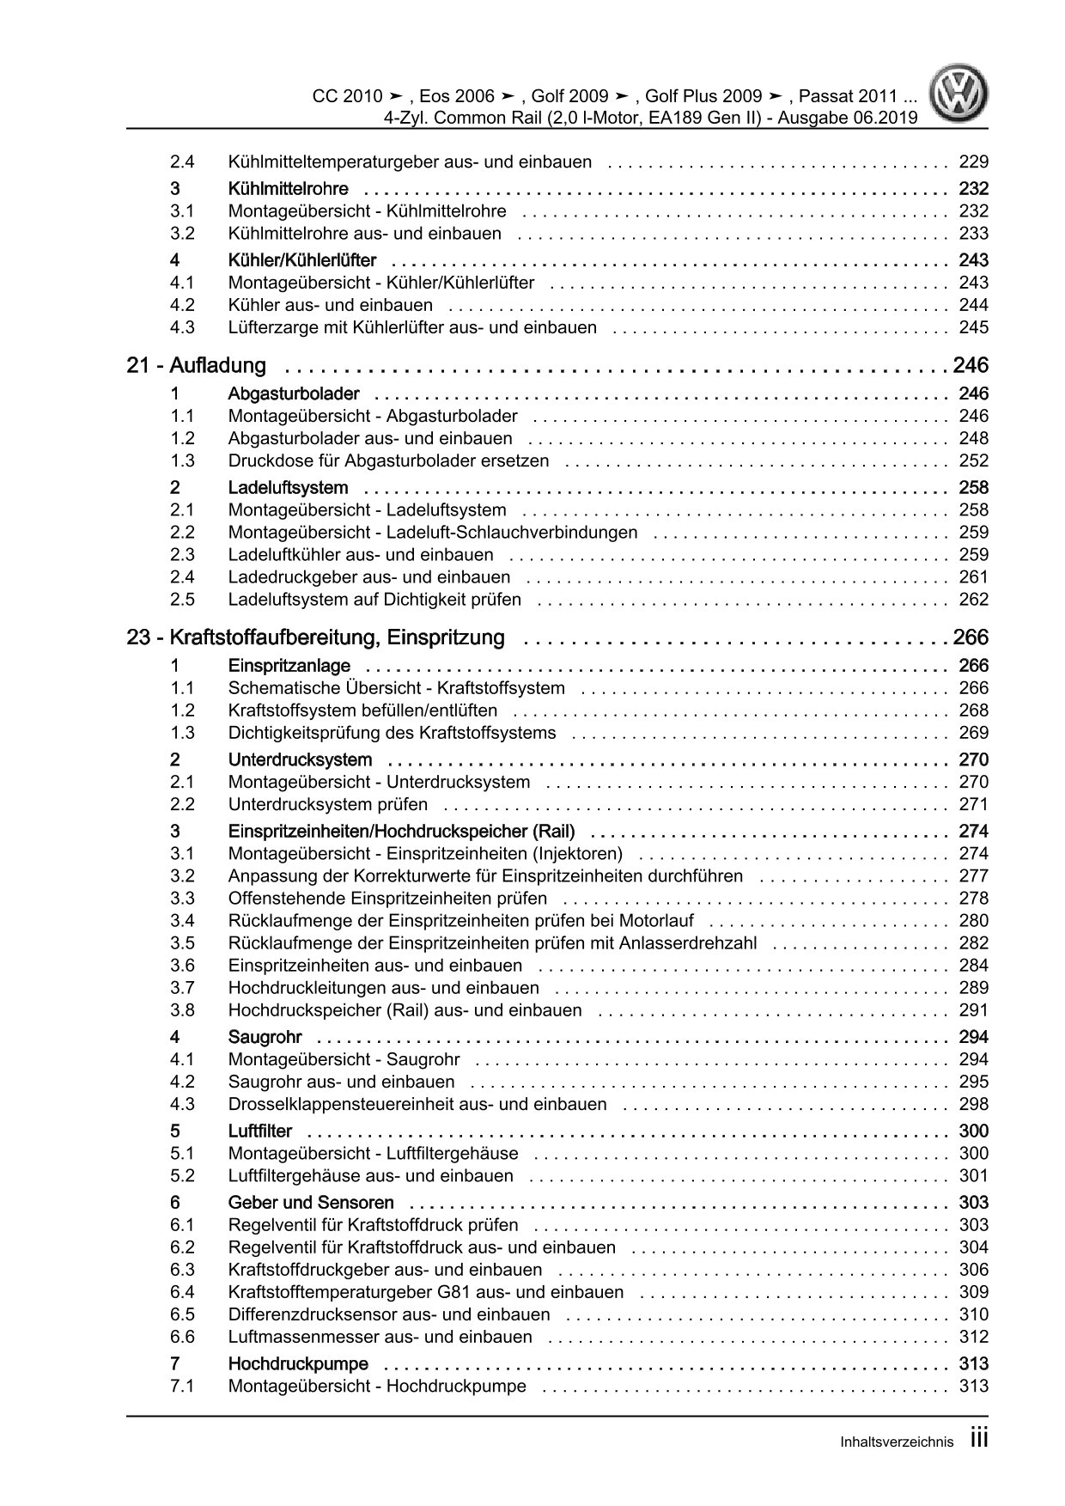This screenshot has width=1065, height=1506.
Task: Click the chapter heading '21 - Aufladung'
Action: point(197,366)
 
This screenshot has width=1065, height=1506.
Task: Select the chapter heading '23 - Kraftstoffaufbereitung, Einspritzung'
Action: point(316,638)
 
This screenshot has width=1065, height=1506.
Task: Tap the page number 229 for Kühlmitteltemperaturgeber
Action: point(974,162)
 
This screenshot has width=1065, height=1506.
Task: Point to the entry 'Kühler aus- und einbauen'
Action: point(331,305)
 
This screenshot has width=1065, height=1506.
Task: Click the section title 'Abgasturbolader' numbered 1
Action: point(294,394)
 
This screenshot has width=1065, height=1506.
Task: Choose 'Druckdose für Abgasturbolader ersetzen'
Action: point(388,460)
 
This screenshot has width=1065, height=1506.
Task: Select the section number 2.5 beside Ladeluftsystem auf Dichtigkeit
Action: point(182,600)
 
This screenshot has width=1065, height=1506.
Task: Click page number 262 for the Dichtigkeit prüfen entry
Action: point(974,600)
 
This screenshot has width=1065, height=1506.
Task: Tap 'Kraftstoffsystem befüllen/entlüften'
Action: point(362,710)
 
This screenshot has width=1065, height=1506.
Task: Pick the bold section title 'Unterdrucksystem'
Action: point(300,760)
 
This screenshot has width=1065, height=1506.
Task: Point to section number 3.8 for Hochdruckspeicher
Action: point(182,1010)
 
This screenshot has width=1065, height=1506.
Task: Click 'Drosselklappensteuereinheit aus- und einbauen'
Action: point(417,1104)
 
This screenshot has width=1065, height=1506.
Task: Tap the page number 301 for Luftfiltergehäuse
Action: point(974,1176)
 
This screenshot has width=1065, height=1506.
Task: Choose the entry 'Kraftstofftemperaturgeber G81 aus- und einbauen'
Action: point(426,1292)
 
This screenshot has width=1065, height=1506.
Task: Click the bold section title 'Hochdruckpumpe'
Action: point(298,1364)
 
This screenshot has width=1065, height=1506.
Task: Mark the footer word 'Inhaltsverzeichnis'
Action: point(897,1443)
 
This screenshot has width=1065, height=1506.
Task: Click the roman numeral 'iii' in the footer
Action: point(979,1441)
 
